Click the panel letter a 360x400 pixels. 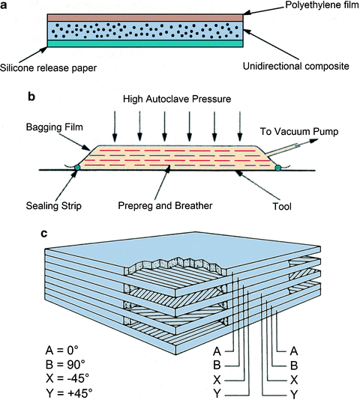pos(6,5)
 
